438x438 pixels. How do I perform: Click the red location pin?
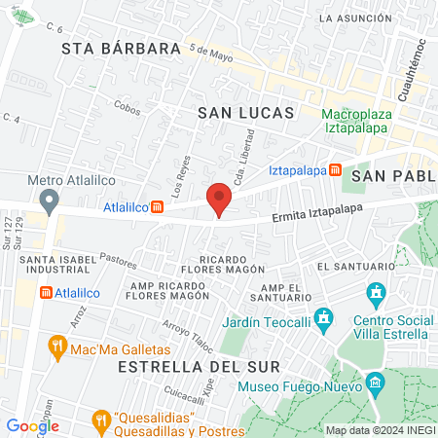219,198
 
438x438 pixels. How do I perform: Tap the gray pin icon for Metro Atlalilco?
47,201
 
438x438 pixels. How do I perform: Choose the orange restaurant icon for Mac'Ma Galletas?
57,346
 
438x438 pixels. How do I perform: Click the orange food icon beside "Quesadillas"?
98,420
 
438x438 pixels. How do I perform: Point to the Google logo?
33,425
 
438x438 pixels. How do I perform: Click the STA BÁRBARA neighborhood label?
122,48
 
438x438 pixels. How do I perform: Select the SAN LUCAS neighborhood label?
245,113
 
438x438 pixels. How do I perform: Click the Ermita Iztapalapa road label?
322,215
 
